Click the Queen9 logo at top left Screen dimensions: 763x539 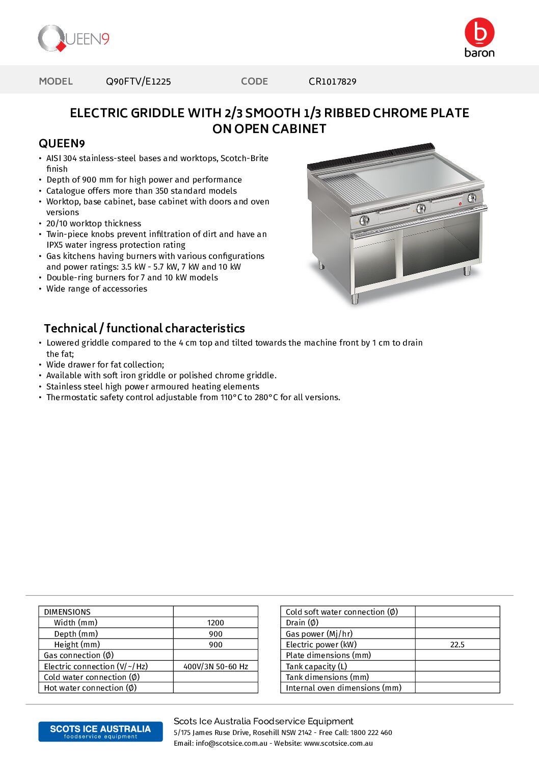(73, 39)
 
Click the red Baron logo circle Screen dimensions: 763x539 (479, 33)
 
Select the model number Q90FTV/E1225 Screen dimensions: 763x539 (138, 82)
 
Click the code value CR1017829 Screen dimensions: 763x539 (332, 82)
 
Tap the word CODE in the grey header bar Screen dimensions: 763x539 (254, 82)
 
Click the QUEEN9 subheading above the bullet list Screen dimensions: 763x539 (62, 144)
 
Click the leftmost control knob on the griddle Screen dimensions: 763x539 (364, 220)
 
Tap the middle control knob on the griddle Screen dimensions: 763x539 (421, 208)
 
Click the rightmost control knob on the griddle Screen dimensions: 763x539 (472, 198)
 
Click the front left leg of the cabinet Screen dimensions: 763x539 (355, 298)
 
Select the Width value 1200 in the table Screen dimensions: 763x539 (215, 623)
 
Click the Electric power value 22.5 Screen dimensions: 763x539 (457, 645)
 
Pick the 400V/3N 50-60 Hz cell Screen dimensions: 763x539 (215, 667)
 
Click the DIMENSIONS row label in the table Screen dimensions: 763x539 (67, 612)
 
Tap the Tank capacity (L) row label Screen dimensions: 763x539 (316, 667)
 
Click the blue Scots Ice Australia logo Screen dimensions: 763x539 (100, 731)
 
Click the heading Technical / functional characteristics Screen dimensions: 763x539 (144, 328)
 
